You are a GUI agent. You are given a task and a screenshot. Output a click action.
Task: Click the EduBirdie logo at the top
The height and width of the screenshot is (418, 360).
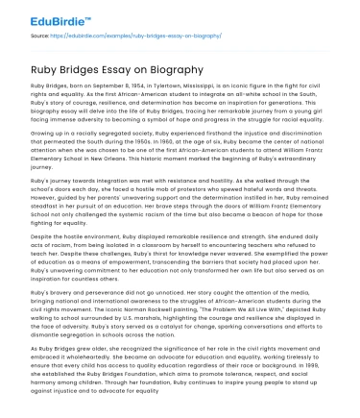(x=45, y=17)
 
